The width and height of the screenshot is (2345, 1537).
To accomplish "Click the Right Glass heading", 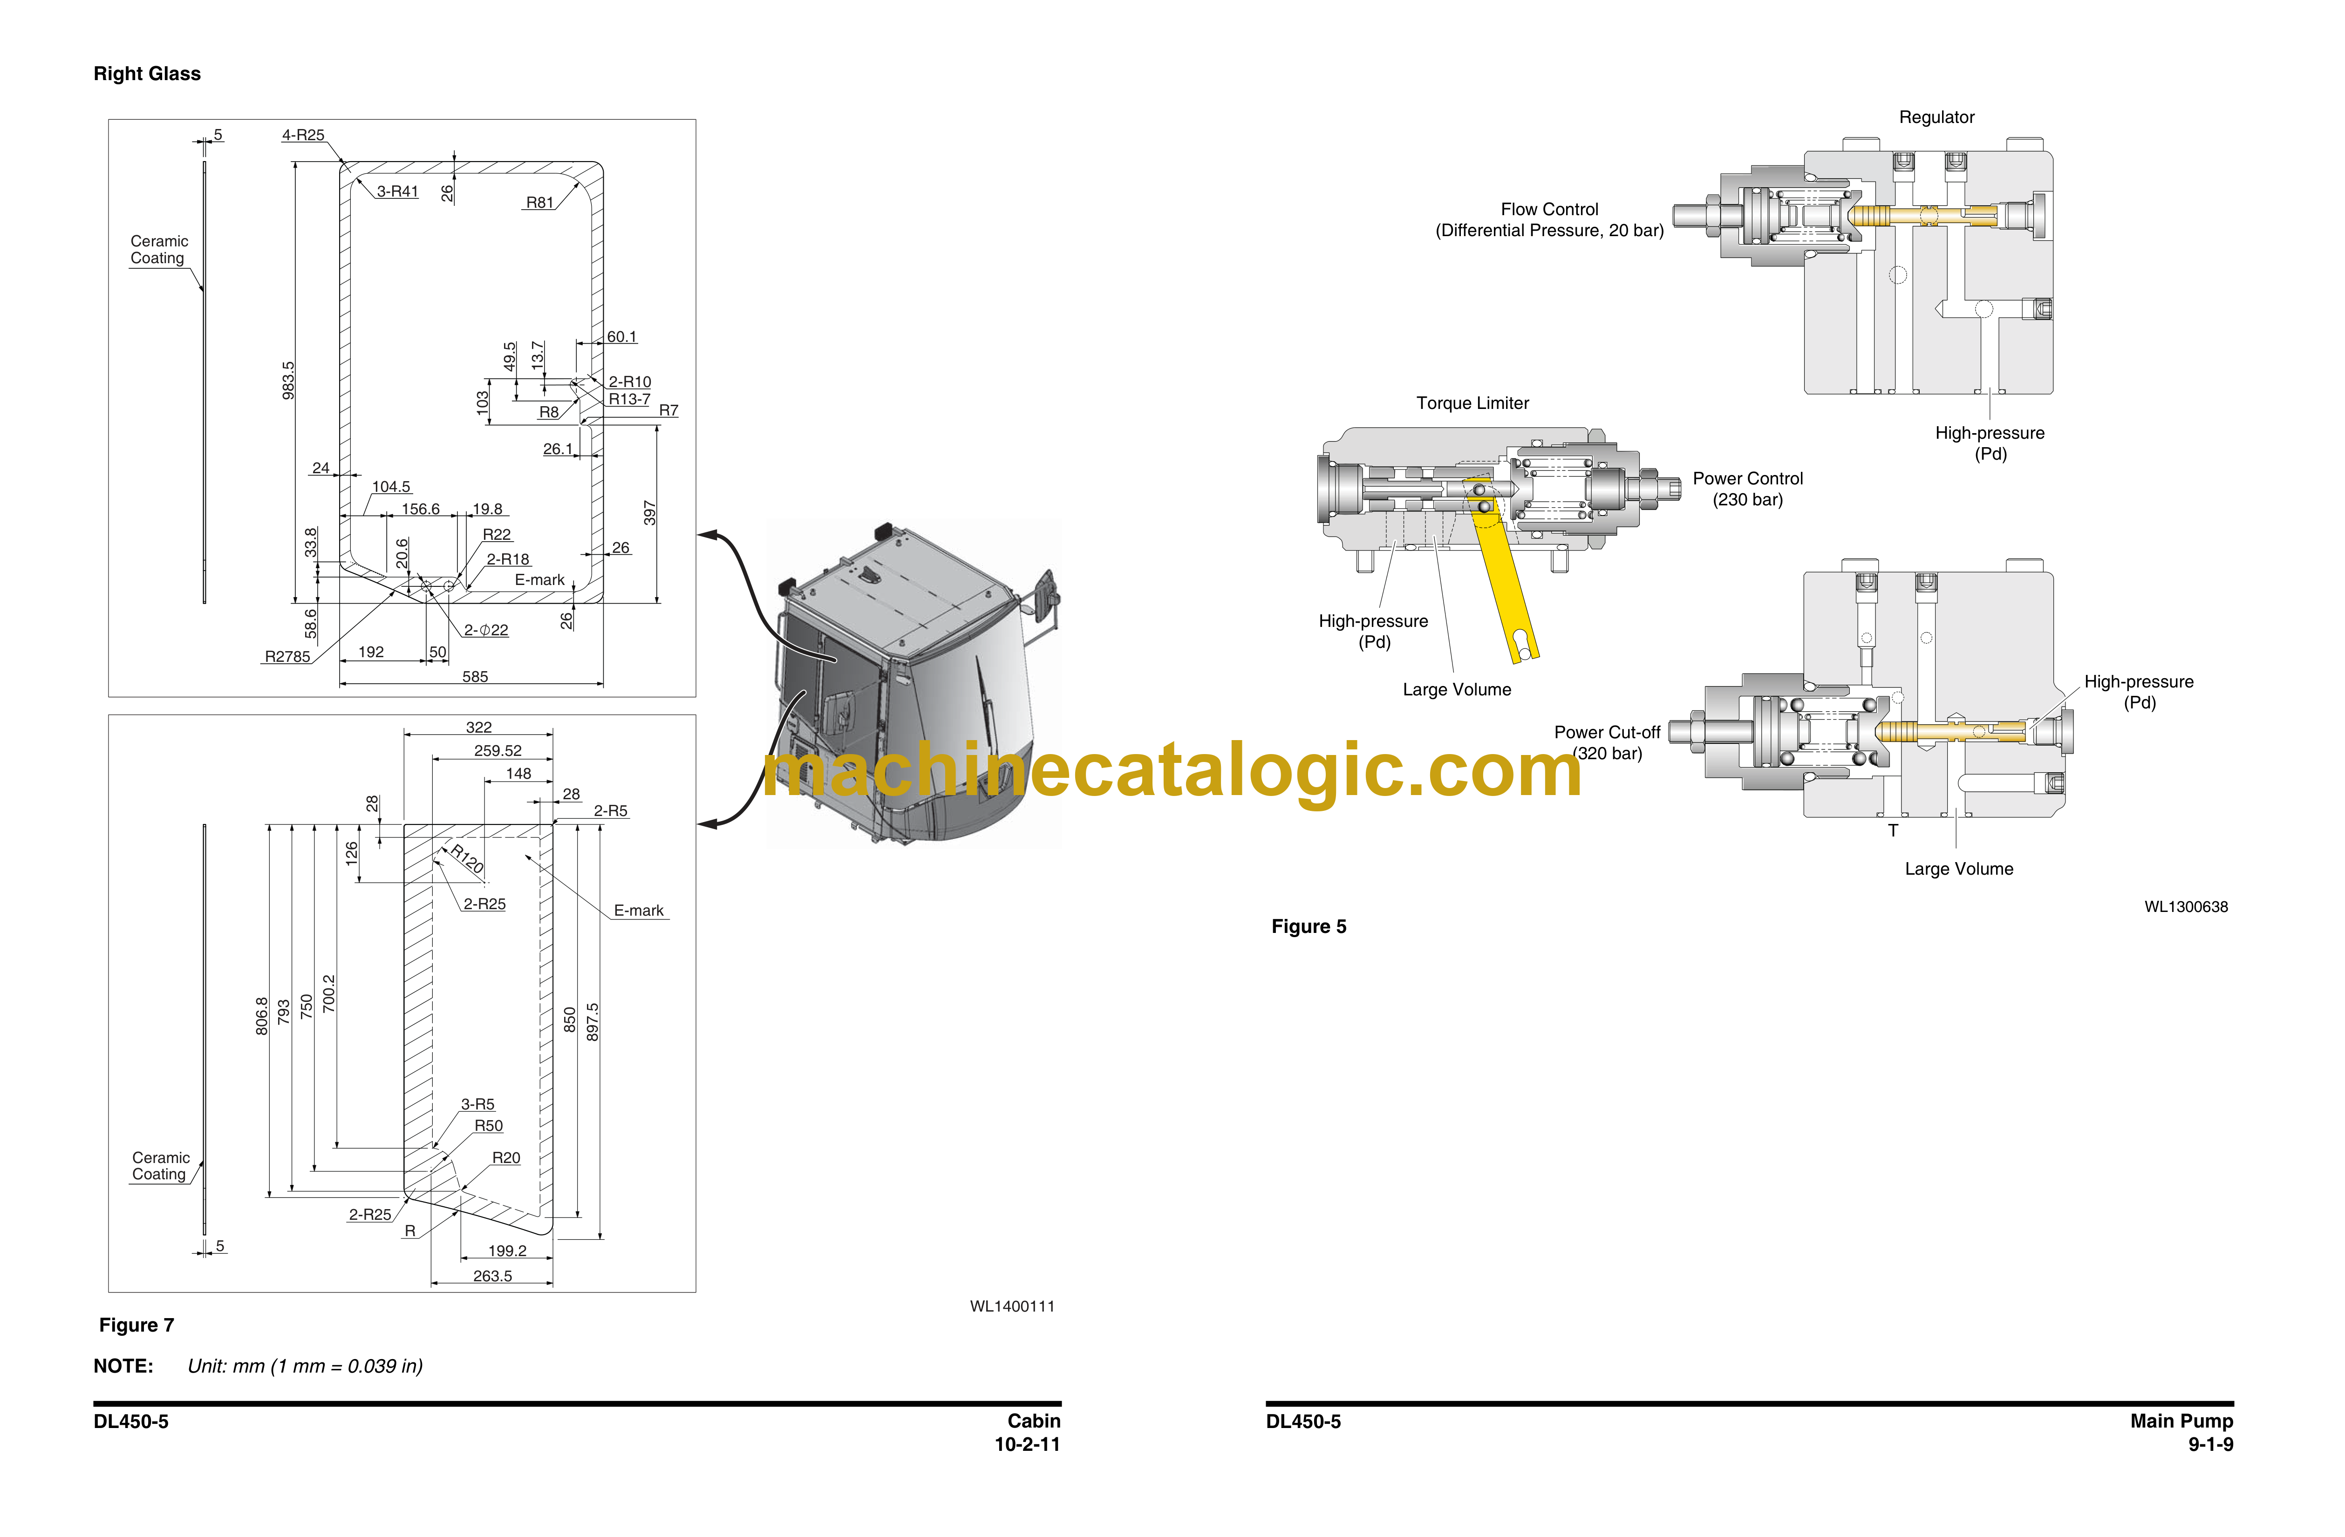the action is tap(147, 74).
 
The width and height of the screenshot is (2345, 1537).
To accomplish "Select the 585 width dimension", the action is tap(475, 677).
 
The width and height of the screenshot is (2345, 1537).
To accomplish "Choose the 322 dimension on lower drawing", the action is tap(479, 727).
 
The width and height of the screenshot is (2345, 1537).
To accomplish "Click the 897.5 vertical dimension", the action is tap(592, 1022).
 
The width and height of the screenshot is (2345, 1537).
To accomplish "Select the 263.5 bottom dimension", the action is tap(493, 1276).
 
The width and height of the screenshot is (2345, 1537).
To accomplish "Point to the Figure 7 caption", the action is tap(137, 1325).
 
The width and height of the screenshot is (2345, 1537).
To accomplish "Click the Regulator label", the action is tap(1936, 117).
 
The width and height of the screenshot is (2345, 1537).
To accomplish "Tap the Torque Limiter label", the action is tap(1472, 403).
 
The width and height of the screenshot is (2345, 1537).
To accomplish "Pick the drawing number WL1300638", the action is tap(2185, 906).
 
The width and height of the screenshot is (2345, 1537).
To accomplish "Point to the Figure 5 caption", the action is tap(1309, 926).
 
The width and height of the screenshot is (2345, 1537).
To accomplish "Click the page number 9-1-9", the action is tap(2210, 1444).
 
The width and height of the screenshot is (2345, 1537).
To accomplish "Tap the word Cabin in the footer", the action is tap(1034, 1421).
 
